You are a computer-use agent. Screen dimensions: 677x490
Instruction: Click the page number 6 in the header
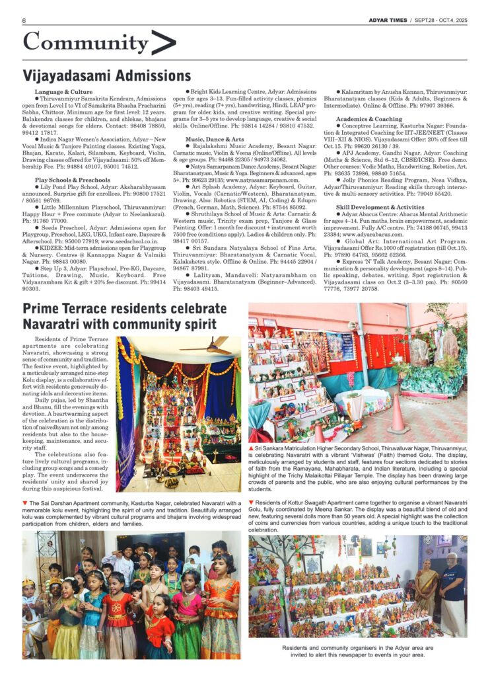click(x=24, y=20)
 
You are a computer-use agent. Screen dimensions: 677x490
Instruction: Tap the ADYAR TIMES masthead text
click(x=388, y=19)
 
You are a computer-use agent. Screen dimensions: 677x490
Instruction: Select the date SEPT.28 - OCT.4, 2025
click(x=441, y=19)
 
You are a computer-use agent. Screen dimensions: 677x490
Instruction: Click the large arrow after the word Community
click(x=163, y=42)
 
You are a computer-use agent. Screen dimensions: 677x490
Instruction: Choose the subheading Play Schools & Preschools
click(x=72, y=179)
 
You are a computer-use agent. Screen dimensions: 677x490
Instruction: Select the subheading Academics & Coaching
click(x=368, y=119)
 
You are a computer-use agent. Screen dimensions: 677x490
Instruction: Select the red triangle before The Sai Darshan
click(x=25, y=504)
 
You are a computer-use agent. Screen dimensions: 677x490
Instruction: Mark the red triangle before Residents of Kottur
click(x=251, y=504)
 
